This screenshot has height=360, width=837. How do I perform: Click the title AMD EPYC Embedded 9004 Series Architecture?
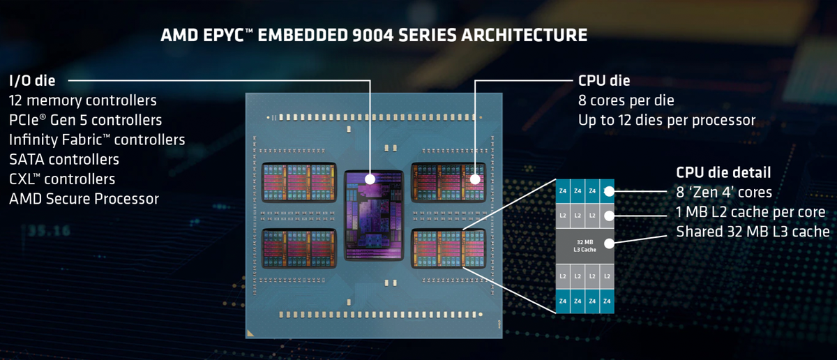(x=374, y=34)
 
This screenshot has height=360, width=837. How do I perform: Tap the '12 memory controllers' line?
(x=82, y=100)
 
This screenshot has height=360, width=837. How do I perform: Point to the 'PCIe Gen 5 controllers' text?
(x=85, y=120)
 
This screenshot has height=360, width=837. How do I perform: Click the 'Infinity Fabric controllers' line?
(x=97, y=140)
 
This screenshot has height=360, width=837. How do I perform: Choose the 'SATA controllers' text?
(x=63, y=160)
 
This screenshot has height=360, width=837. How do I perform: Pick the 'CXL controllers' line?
(x=62, y=179)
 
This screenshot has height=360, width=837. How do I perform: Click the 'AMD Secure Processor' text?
(x=84, y=199)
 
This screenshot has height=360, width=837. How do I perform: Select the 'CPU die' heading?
(x=604, y=80)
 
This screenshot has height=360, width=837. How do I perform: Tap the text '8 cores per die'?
(x=626, y=100)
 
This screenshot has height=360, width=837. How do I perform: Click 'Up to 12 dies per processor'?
(x=666, y=120)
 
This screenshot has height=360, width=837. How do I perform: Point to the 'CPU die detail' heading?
(x=723, y=172)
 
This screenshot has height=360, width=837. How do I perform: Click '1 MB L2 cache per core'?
(x=751, y=211)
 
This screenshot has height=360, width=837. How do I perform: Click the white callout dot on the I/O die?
(x=370, y=179)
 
